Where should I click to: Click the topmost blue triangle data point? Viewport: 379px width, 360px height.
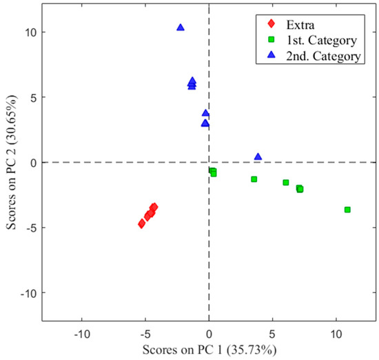(181, 28)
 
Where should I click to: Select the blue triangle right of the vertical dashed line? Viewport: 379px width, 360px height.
(258, 157)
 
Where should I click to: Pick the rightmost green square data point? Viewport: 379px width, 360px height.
(347, 210)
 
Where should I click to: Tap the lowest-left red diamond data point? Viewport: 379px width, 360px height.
(141, 223)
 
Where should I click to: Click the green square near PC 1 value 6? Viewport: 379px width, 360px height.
(286, 183)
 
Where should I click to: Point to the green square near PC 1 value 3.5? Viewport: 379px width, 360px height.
(254, 179)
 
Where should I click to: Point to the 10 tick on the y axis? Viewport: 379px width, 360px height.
(30, 32)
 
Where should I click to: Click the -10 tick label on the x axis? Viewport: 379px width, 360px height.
(81, 334)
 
